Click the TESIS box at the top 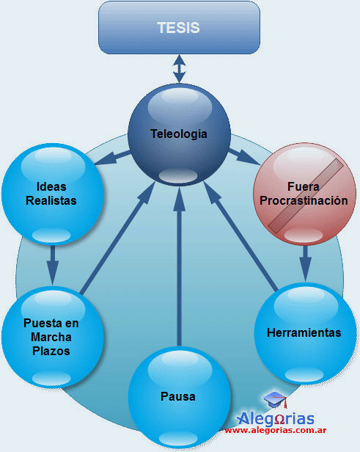pyautogui.click(x=179, y=28)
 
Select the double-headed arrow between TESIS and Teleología pyautogui.click(x=179, y=69)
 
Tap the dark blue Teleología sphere pyautogui.click(x=179, y=134)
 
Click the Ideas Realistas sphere pyautogui.click(x=52, y=194)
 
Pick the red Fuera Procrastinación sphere pyautogui.click(x=305, y=194)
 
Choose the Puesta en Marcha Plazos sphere pyautogui.click(x=52, y=337)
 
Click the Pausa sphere pyautogui.click(x=179, y=397)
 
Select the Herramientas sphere pyautogui.click(x=305, y=333)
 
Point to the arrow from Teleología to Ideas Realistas pyautogui.click(x=112, y=157)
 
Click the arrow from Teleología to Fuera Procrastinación pyautogui.click(x=244, y=156)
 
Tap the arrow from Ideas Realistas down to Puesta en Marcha pyautogui.click(x=52, y=265)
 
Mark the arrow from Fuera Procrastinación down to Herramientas pyautogui.click(x=305, y=263)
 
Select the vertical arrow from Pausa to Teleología pyautogui.click(x=180, y=266)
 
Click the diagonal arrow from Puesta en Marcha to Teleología pyautogui.click(x=117, y=238)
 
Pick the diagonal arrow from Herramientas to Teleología pyautogui.click(x=240, y=236)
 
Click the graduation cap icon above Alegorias pyautogui.click(x=276, y=399)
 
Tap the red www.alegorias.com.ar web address pyautogui.click(x=276, y=431)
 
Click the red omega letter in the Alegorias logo pyautogui.click(x=280, y=420)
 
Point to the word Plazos pyautogui.click(x=51, y=351)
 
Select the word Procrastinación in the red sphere pyautogui.click(x=304, y=200)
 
